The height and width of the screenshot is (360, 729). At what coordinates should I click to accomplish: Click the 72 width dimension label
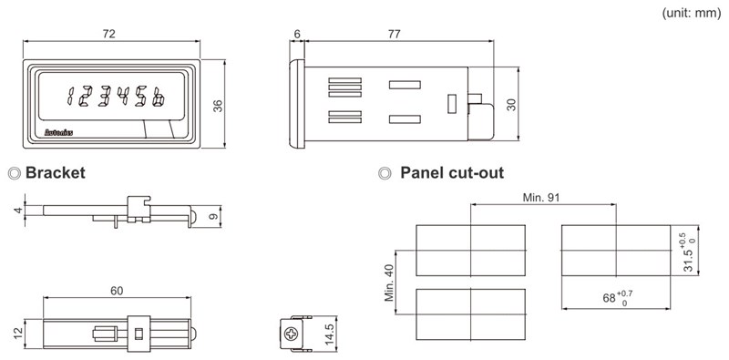108,34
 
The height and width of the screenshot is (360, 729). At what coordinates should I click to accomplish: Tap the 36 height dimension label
218,106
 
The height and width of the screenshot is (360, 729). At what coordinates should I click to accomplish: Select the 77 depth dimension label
394,34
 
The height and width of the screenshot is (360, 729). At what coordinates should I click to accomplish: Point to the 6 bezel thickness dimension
297,34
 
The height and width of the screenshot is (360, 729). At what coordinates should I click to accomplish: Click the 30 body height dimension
511,104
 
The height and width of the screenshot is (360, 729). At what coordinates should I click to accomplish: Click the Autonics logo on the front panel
58,132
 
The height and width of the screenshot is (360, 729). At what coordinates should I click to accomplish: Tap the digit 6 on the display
159,97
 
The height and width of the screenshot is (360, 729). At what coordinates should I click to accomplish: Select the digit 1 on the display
71,97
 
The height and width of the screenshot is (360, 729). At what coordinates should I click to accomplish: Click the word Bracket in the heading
56,173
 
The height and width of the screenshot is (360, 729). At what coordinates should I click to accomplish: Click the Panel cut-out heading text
452,173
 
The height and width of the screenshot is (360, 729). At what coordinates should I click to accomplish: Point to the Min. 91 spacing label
541,198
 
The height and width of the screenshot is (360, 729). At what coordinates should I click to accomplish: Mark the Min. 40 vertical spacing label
389,283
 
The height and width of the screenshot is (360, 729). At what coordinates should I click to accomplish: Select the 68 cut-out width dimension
618,297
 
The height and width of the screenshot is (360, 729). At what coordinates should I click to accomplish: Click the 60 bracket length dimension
117,291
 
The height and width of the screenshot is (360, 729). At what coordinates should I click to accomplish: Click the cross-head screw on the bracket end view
292,334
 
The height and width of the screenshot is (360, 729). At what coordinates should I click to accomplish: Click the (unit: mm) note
692,14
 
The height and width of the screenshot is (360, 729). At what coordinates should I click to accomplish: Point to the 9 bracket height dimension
214,217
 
